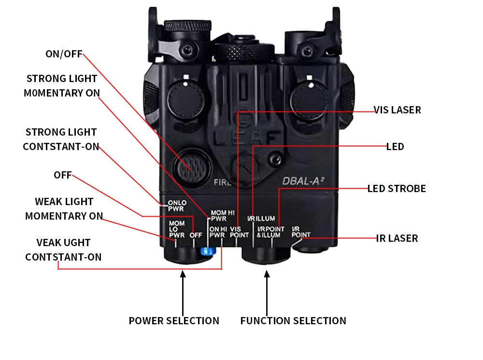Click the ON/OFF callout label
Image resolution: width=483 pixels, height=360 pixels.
[x=64, y=54]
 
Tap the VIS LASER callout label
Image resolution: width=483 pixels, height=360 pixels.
[x=398, y=110]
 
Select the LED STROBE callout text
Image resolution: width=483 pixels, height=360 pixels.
[x=397, y=188]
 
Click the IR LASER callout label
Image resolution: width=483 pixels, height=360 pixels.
[x=397, y=238]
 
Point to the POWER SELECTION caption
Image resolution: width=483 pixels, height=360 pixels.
[x=174, y=320]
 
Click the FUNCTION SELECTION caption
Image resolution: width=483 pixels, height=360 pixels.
[x=293, y=320]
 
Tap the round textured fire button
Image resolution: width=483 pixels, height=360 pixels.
[x=192, y=166]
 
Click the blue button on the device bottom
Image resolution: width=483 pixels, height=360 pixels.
[x=208, y=250]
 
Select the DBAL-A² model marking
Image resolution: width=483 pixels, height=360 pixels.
[x=303, y=181]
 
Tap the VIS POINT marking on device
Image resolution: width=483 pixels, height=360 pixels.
[x=239, y=232]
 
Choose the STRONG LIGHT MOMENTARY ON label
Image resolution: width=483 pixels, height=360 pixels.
[x=62, y=85]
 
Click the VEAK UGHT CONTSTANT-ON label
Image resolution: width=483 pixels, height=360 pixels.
[x=63, y=249]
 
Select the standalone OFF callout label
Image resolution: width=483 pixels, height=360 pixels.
[x=62, y=175]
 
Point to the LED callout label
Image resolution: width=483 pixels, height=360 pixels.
[x=395, y=146]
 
